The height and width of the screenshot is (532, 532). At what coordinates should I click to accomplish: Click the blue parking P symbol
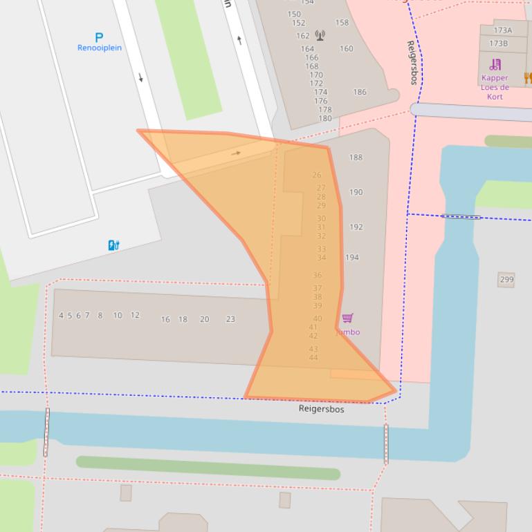coord(99,37)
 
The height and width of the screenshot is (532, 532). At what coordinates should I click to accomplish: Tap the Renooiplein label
coord(99,48)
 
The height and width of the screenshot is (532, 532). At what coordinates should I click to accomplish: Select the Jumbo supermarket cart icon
coord(347,318)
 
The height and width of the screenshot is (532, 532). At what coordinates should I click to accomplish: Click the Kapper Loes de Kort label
coord(495,87)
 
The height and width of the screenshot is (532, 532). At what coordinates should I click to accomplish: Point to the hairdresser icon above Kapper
coord(495,65)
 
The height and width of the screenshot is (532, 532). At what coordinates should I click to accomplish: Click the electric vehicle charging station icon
coord(113,245)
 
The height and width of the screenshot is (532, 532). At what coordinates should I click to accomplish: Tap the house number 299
coord(506,279)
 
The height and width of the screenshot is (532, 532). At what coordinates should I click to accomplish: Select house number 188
coord(356,158)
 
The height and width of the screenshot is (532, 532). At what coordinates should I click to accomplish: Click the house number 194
coord(352,258)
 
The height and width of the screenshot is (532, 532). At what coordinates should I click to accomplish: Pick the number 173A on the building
coord(502,30)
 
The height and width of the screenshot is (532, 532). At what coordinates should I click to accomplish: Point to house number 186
coord(360,92)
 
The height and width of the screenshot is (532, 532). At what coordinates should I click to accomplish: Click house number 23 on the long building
coord(230,319)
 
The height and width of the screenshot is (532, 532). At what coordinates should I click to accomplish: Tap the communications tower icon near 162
coord(320,35)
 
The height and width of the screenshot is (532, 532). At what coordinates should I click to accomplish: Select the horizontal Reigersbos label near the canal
coord(321,409)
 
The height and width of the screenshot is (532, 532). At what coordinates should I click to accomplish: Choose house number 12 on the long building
coord(135,315)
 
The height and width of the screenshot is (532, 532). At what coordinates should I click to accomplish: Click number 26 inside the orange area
coord(317,175)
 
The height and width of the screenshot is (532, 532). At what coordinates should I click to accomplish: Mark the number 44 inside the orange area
coord(313,357)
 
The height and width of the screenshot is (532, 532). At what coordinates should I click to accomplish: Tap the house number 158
coord(342,23)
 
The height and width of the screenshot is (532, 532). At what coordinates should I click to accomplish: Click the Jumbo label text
coord(348,332)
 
